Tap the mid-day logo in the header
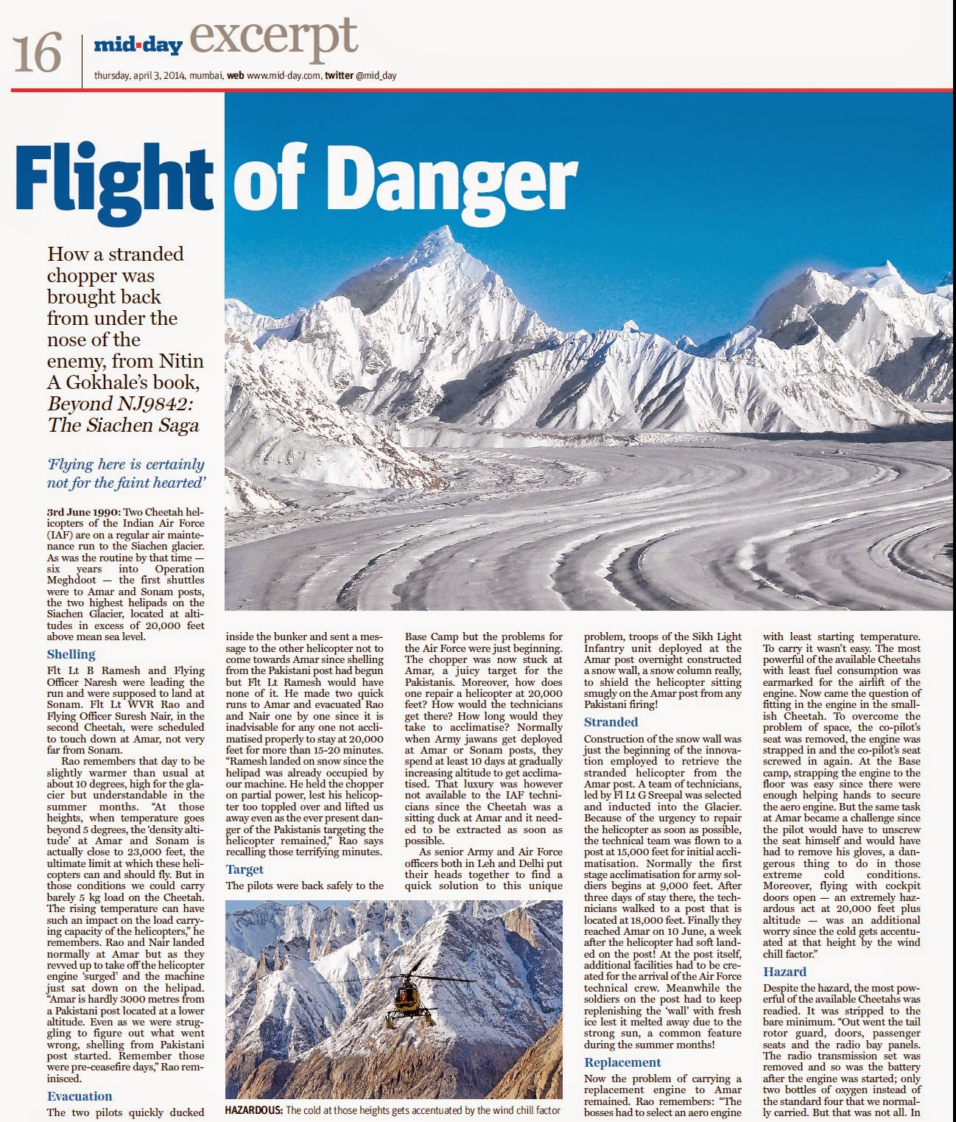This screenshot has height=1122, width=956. (138, 46)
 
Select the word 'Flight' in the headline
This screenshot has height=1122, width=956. (113, 178)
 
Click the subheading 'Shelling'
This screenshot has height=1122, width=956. (71, 654)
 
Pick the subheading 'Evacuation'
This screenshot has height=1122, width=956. (80, 1096)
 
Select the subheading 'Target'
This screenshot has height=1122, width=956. (245, 869)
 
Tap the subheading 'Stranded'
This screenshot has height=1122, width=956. (611, 722)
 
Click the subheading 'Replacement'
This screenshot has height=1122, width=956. (622, 1062)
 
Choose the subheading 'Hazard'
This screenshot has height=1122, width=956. (784, 972)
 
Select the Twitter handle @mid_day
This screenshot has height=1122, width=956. (376, 75)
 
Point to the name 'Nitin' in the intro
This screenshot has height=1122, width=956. (180, 361)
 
